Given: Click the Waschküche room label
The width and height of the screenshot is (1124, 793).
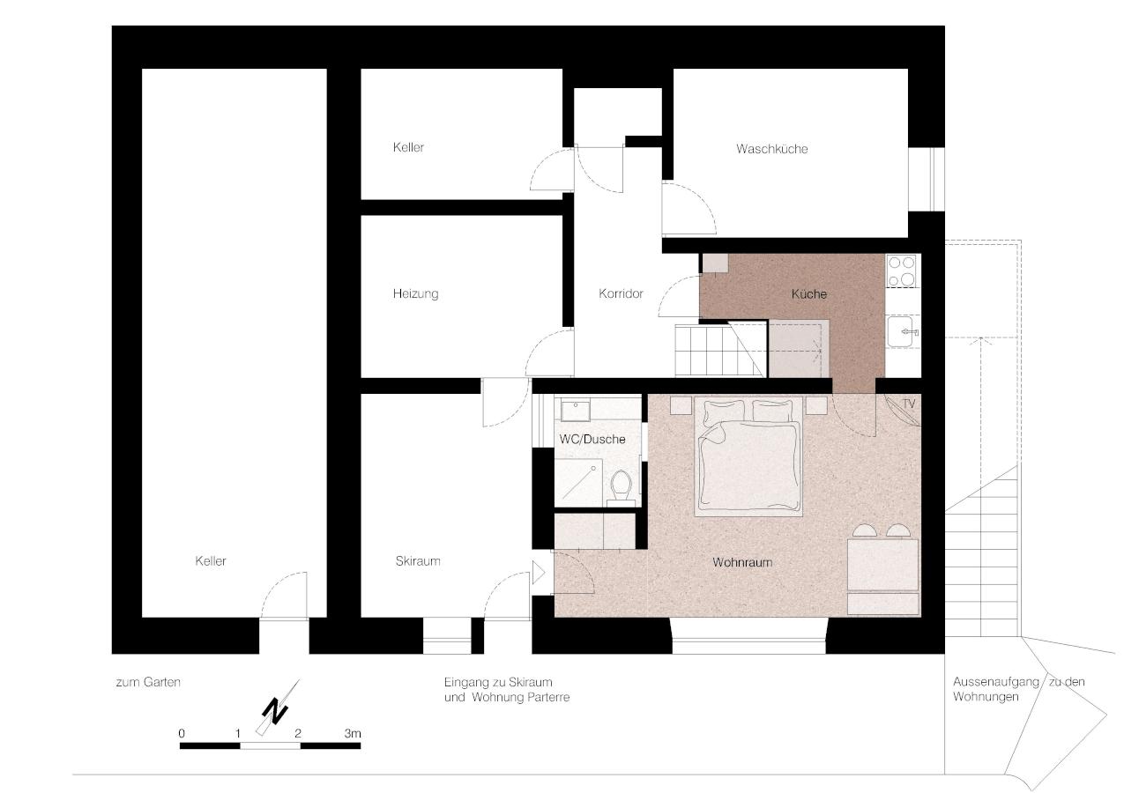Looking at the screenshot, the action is (771, 149).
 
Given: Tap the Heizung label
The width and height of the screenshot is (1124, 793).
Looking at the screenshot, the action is (415, 293).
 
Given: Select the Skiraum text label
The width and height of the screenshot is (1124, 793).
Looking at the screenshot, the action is (418, 560).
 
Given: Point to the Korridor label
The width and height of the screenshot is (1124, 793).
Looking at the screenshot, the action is (621, 293).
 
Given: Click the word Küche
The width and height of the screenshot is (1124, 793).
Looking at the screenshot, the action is (809, 294).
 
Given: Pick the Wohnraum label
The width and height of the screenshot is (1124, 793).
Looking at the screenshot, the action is (742, 562).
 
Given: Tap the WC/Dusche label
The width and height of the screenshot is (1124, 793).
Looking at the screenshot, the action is (592, 440).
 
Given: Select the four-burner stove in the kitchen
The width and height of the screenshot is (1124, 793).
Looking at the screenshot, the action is (901, 271).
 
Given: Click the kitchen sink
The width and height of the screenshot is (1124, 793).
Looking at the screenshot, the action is (902, 331).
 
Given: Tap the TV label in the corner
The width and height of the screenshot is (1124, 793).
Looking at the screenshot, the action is (909, 404).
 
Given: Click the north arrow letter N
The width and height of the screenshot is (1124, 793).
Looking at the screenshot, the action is (275, 711).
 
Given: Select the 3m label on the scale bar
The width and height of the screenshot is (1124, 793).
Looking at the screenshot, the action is (353, 733).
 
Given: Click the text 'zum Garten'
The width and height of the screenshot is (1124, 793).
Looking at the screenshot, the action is (148, 682).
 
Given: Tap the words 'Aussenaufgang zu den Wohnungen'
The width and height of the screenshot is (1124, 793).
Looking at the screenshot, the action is (1018, 689).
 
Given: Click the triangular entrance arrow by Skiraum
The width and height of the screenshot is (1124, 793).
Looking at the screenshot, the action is (538, 573).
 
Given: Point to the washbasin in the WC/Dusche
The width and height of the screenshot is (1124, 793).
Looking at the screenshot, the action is (576, 411).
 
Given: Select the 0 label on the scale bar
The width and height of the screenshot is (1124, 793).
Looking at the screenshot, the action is (182, 733).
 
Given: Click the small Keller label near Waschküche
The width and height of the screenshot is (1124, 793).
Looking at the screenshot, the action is (408, 147).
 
